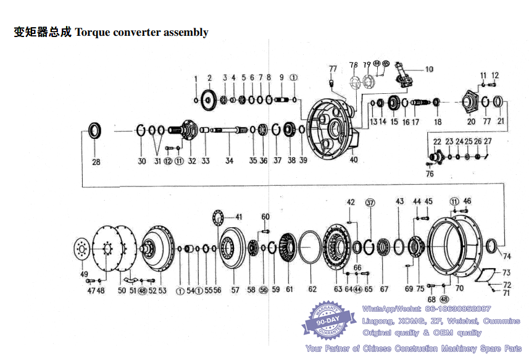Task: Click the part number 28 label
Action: click(96, 162)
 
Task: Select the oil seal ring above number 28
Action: click(95, 130)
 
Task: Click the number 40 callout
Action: click(354, 160)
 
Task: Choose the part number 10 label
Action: click(429, 69)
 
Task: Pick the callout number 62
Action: click(312, 289)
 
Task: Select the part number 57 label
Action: click(235, 289)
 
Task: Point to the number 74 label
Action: click(507, 256)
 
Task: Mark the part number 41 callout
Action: click(238, 217)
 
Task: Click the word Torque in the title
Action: click(93, 32)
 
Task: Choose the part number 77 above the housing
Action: click(333, 68)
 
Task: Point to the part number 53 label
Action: click(162, 290)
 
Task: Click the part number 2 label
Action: click(209, 78)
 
